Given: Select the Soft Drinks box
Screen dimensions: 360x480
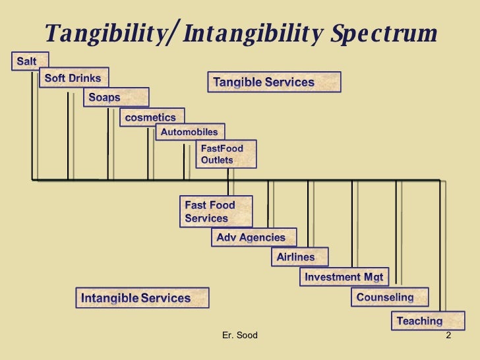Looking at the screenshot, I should coord(73,78).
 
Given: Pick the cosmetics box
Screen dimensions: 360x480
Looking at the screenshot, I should coord(151,117).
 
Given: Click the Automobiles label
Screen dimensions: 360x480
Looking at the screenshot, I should coord(190,132).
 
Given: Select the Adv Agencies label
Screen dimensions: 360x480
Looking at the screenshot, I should coord(253,237).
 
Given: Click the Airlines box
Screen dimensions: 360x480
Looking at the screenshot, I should coord(298,257).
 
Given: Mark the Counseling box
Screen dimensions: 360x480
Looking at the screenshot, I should coord(388,297).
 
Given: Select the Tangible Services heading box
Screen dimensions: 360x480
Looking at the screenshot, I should coord(274,82).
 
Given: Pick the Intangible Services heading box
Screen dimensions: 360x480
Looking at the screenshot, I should coord(142,298).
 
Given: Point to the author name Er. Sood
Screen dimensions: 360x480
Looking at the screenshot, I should coord(241,336).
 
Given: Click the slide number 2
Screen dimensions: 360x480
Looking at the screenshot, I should coord(448,336).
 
